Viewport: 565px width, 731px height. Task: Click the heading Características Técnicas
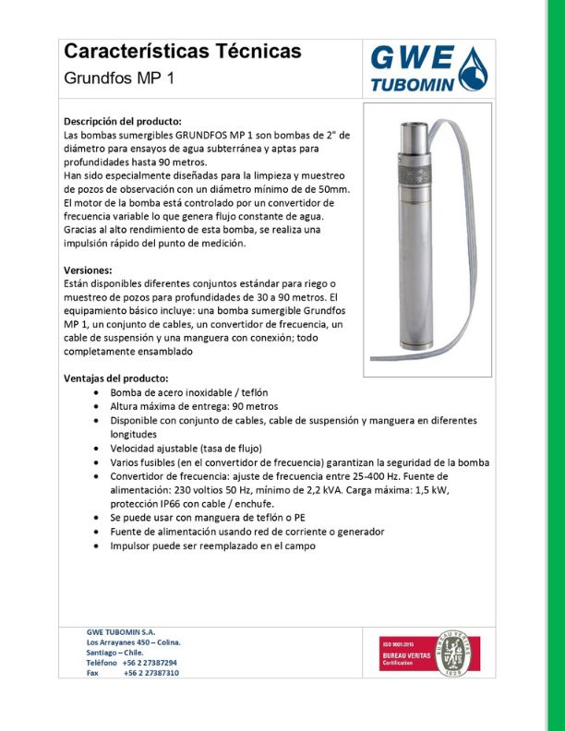click(182, 52)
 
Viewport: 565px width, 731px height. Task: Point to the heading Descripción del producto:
click(122, 122)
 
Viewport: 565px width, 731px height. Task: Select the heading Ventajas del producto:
click(115, 378)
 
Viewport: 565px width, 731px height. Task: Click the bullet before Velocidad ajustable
click(99, 449)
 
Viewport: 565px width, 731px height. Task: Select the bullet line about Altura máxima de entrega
click(194, 406)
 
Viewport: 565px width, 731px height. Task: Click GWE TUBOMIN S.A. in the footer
click(121, 631)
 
